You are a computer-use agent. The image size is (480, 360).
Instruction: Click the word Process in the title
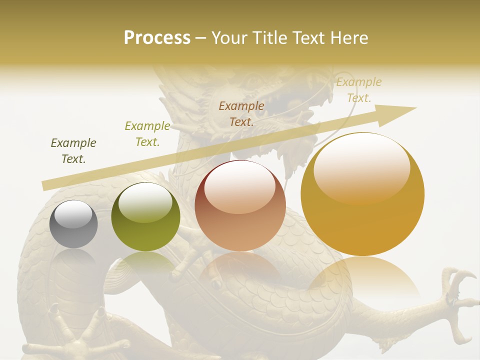pyautogui.click(x=157, y=38)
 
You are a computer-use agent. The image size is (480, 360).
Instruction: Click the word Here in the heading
pyautogui.click(x=349, y=38)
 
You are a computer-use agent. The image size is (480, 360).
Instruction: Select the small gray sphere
pyautogui.click(x=73, y=224)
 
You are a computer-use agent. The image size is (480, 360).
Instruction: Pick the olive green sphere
pyautogui.click(x=145, y=216)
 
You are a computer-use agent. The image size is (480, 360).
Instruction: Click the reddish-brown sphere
pyautogui.click(x=240, y=205)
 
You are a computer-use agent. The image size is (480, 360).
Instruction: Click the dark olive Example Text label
pyautogui.click(x=73, y=151)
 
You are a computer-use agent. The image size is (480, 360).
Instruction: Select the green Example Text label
pyautogui.click(x=147, y=134)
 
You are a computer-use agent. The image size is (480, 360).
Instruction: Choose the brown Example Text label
pyautogui.click(x=241, y=113)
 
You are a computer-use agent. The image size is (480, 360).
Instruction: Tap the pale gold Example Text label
pyautogui.click(x=358, y=90)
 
